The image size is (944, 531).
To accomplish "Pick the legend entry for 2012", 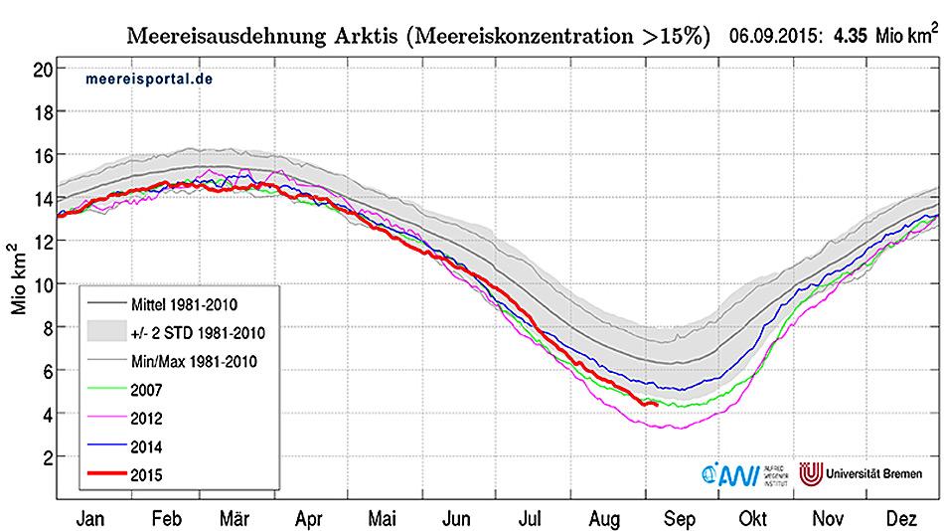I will tap(148, 420).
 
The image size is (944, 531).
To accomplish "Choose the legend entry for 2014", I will tap(148, 447).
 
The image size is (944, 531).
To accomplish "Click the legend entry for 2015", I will tap(148, 476).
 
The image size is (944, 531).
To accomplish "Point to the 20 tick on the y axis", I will tap(43, 69).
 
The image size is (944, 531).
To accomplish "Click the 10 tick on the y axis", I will tap(43, 284).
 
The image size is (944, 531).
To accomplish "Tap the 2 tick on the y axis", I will tap(47, 457).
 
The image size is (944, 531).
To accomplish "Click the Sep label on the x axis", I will tap(680, 517).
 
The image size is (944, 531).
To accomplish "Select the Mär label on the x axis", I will tap(234, 517).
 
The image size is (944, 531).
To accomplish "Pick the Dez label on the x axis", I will tap(901, 517).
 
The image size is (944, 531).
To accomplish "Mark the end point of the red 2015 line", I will tap(657, 404).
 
